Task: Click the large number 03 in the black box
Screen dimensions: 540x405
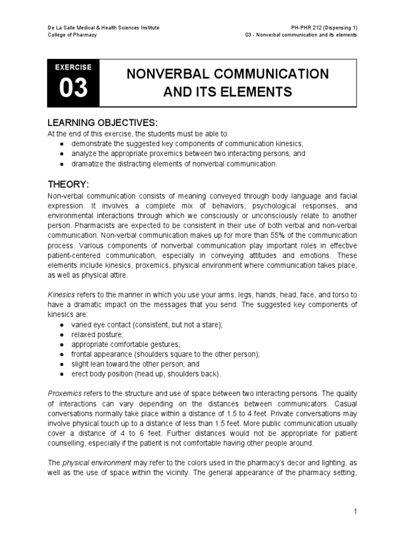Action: tap(73, 89)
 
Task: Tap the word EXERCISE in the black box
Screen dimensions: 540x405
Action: tap(73, 67)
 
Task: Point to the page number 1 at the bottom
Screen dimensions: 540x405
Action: tap(356, 511)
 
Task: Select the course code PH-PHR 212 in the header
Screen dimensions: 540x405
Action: tap(305, 27)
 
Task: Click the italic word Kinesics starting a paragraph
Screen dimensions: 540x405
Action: tap(61, 295)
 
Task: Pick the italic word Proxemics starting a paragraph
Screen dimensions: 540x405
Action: tap(64, 394)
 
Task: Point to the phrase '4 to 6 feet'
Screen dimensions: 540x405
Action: tap(138, 433)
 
